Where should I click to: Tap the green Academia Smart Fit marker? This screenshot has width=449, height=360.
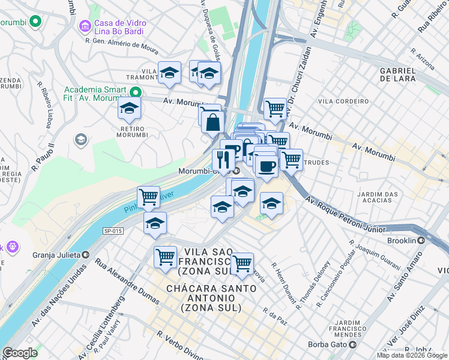tap(136, 92)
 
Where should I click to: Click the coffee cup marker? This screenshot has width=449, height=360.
tap(266, 166)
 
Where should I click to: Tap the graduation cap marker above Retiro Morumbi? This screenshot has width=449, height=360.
tap(128, 109)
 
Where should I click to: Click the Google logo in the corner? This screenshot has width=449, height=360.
tap(20, 353)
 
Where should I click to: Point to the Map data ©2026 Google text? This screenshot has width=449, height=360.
tap(412, 355)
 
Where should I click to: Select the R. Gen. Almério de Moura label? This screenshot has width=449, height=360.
tap(122, 42)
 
